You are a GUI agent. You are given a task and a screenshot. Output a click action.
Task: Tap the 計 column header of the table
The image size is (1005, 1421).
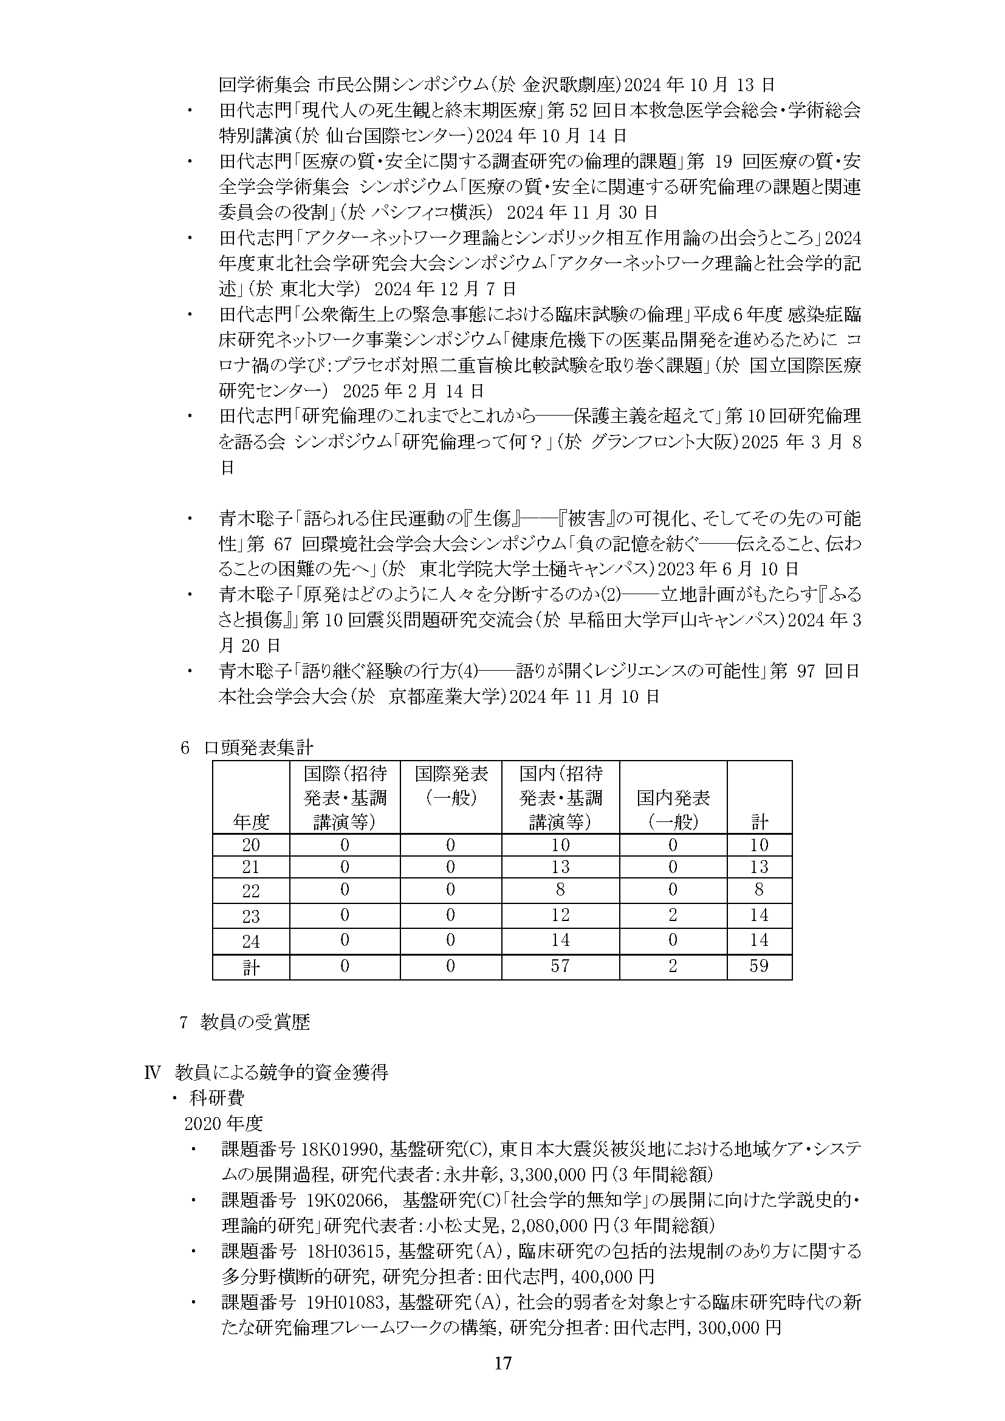coord(760,822)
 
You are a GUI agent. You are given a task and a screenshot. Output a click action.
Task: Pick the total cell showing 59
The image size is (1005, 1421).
coord(759,966)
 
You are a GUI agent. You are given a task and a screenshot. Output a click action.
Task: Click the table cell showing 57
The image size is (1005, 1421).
coord(560,966)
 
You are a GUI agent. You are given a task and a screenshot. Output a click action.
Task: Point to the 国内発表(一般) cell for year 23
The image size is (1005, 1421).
coord(673,915)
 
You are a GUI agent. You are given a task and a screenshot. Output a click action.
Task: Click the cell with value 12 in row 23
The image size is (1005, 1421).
coord(560,915)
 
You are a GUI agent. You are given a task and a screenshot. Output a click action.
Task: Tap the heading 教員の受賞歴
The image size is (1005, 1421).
coord(255,1022)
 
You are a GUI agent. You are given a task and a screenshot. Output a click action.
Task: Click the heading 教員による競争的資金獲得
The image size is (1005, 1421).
coord(281,1072)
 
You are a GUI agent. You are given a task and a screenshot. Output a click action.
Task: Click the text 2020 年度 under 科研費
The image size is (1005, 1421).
coord(224,1123)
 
